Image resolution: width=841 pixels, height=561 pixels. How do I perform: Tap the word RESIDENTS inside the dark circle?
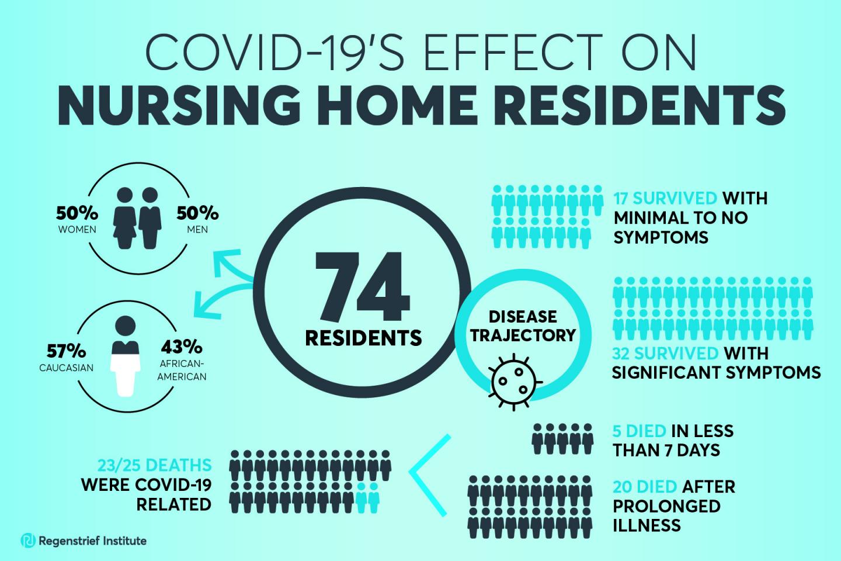pos(363,337)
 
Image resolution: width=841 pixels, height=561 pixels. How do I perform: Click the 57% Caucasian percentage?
pos(67,351)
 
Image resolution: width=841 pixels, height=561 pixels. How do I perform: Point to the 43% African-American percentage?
pos(181,347)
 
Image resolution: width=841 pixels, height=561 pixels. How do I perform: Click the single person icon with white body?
pos(126,357)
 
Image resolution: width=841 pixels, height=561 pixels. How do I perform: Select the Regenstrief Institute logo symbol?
pos(27,541)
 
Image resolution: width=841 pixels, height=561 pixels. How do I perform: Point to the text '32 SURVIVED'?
pos(665,354)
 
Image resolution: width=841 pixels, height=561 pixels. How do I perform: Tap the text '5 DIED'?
pos(639,431)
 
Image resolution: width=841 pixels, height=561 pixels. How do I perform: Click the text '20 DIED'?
pos(645,486)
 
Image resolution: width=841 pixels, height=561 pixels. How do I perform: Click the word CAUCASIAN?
pos(67,368)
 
